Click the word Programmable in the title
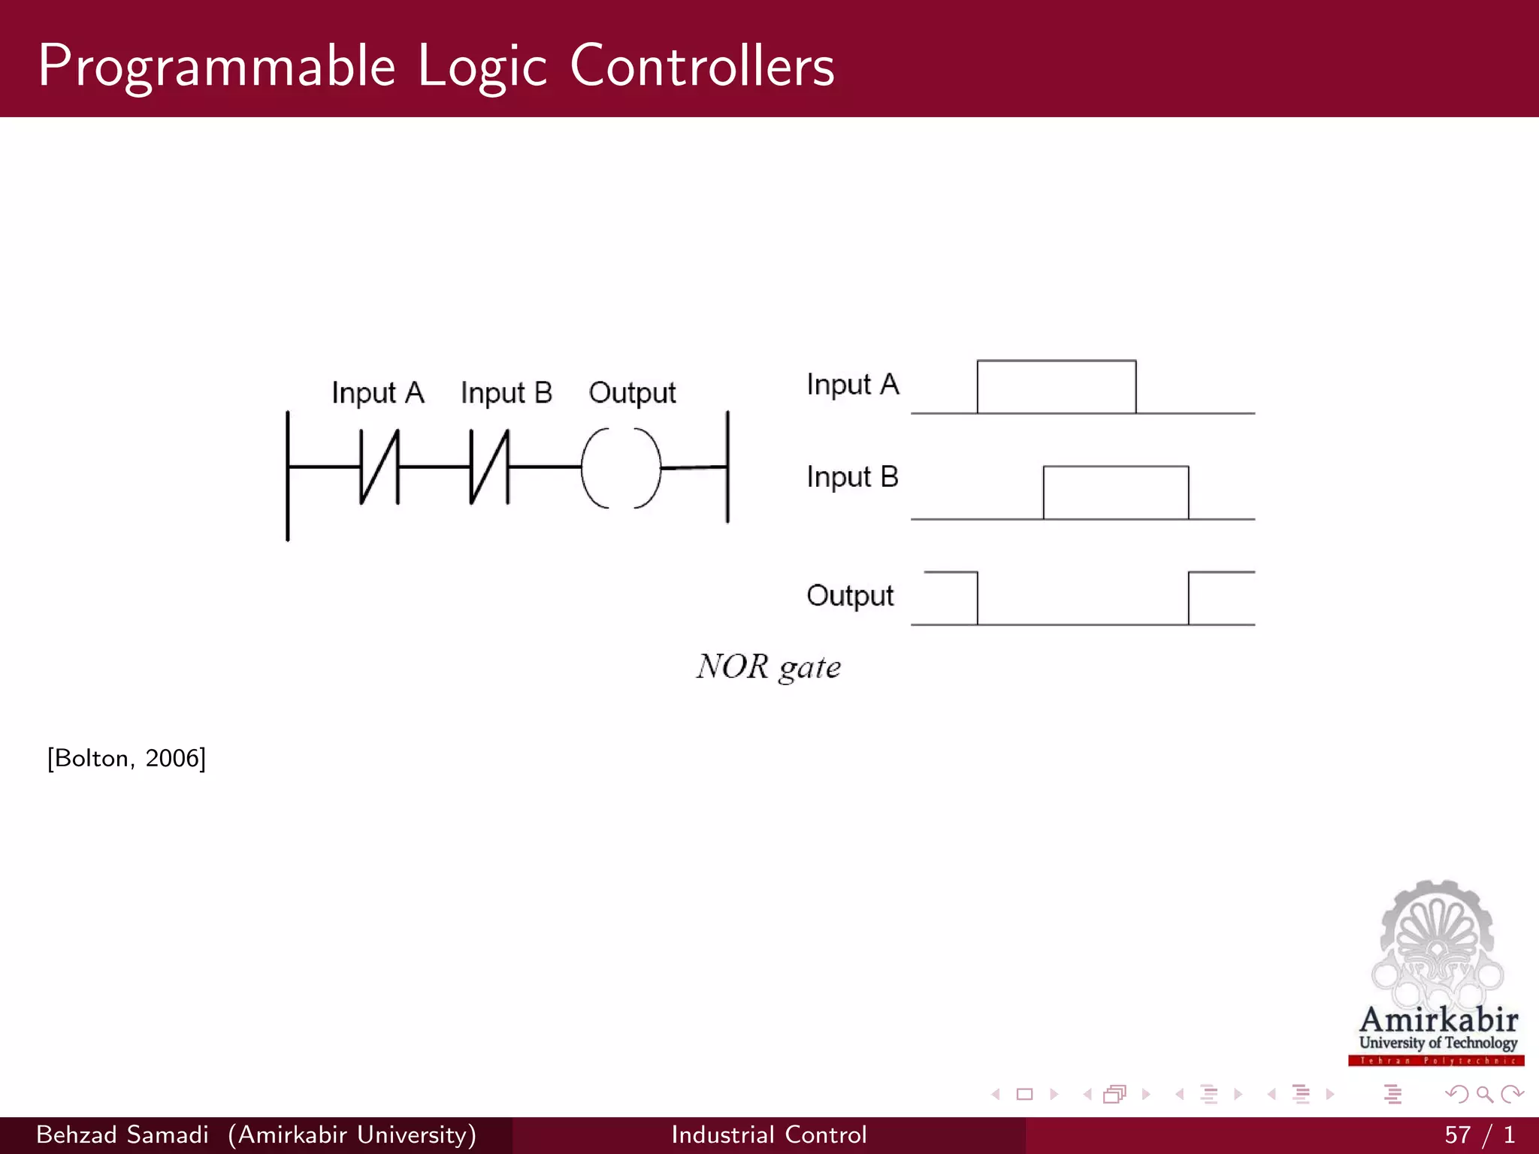216,66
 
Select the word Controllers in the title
702,66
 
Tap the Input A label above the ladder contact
378,392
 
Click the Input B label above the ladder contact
506,392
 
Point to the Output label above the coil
632,392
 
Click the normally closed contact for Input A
379,467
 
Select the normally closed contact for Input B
489,467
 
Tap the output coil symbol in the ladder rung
621,467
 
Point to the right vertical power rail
727,467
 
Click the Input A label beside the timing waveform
852,384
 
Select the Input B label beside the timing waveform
852,476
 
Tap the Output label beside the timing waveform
850,595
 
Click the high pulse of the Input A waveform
1057,386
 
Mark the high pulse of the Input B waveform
1116,492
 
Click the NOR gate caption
768,666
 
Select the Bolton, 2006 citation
126,758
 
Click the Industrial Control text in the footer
769,1134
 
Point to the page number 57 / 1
1479,1134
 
